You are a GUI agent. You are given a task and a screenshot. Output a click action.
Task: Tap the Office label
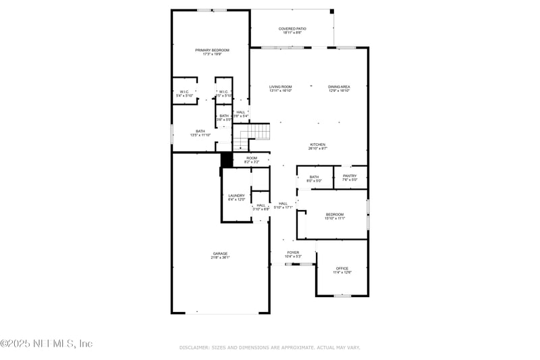coord(342,270)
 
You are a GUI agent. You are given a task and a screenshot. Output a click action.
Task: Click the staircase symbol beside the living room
coord(252,136)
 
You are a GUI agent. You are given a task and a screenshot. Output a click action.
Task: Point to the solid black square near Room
coord(227,159)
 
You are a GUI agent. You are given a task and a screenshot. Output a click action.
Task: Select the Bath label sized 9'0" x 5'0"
coord(314,178)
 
